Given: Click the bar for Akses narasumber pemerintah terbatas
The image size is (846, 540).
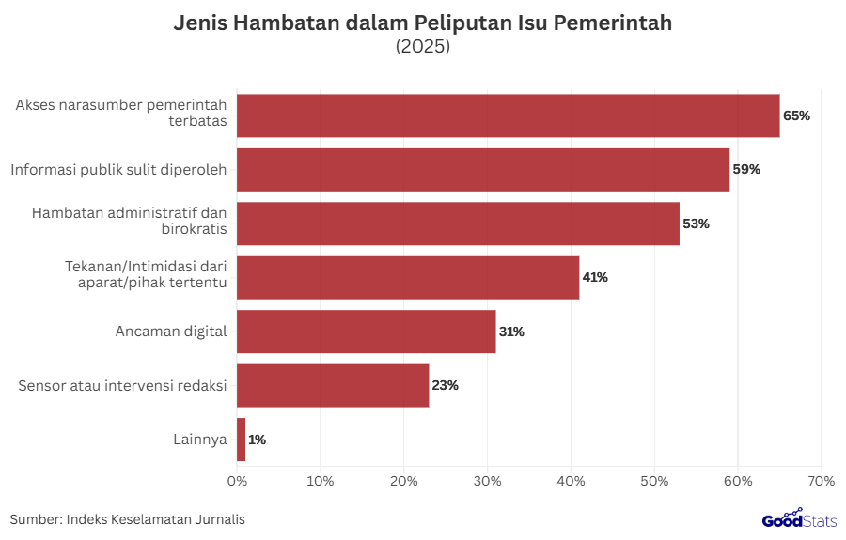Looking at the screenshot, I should point(508,116).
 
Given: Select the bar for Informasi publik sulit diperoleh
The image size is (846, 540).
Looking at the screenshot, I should point(483,170).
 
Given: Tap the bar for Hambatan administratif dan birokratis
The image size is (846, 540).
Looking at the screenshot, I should point(458,224).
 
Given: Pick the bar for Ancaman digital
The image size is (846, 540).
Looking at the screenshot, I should point(366,332).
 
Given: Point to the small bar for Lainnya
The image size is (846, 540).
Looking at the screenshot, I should point(242,440).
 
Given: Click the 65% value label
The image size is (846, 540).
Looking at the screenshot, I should point(796,116).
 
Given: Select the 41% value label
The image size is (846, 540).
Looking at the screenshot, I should point(595,278).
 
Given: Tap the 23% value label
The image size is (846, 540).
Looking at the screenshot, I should point(445,385).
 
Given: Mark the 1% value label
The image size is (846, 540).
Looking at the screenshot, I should point(258,440).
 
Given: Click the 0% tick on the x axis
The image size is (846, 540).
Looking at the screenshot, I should point(237,482).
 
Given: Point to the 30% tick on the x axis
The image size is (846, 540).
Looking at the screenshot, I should point(487,482).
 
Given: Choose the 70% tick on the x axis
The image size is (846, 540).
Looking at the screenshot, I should point(821,482).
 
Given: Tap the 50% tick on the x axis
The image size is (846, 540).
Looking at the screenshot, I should point(654,482).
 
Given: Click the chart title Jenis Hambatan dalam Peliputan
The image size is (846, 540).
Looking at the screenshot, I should point(423,23).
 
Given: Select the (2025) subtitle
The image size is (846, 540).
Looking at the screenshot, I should point(423,46).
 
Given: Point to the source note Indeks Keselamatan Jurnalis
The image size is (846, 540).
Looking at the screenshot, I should point(128,519).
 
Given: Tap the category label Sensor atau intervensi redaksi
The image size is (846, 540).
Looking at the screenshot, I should point(123,385).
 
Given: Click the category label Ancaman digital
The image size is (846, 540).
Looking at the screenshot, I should point(171,332).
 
